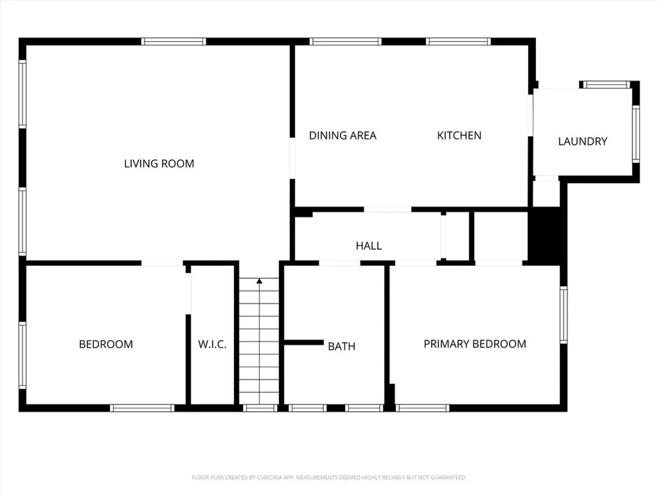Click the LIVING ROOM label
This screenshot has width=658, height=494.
159,164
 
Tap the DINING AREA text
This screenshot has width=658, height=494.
343,136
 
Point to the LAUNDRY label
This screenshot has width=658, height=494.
583,142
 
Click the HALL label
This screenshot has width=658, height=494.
369,246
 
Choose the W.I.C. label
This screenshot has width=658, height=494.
212,345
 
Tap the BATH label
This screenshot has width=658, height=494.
341,346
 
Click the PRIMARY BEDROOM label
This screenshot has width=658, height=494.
475,344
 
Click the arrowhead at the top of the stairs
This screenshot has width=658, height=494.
259,281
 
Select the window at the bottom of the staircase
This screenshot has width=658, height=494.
260,408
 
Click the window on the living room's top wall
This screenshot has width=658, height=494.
174,41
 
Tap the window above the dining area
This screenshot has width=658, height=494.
345,41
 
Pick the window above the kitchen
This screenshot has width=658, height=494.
458,41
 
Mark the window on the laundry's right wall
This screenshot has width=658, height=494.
636,134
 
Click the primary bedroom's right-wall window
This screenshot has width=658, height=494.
564,315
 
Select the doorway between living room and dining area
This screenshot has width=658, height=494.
292,158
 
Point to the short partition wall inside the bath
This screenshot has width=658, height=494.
304,342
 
